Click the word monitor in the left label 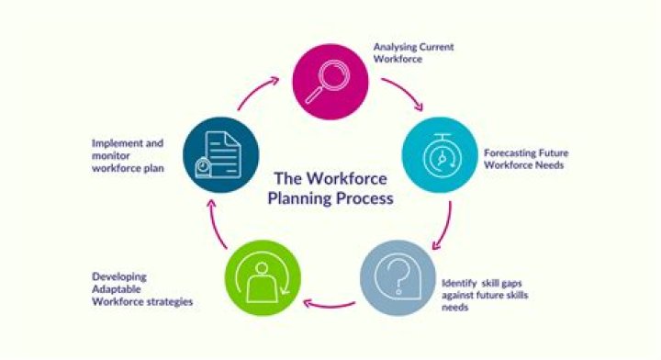click(110, 157)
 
